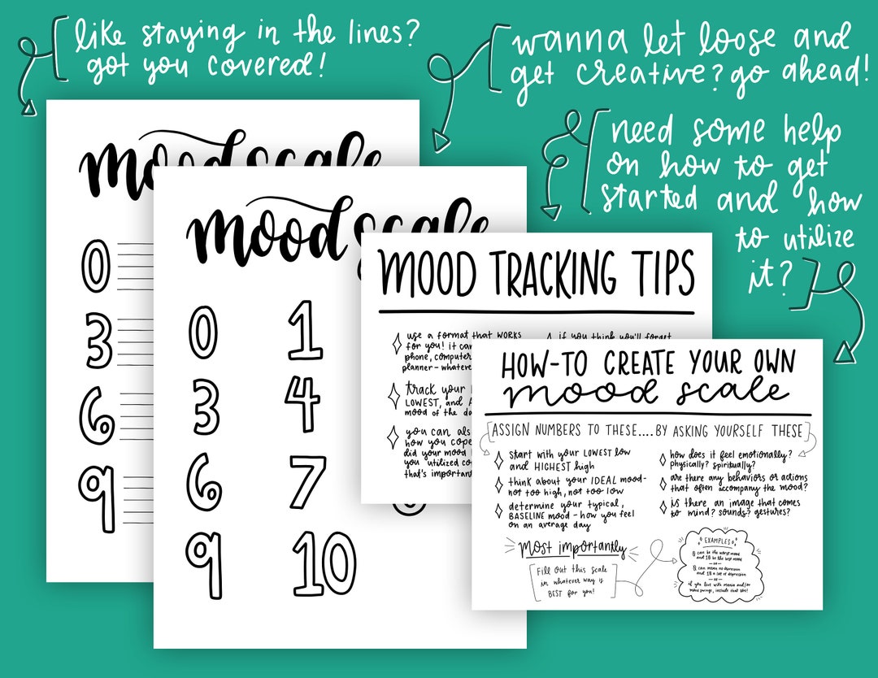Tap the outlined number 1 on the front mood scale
tap(305, 330)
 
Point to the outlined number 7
tap(307, 481)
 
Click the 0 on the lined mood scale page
tap(96, 266)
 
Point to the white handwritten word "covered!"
tap(265, 64)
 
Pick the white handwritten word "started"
tap(647, 198)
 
